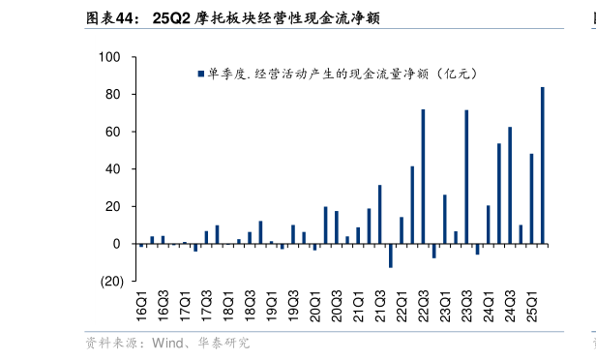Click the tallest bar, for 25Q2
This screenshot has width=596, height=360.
(542, 165)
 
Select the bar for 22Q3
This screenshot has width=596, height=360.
(423, 176)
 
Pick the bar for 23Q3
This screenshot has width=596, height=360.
(466, 176)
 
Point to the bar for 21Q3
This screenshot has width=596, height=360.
(379, 214)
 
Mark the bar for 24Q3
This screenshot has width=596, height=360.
(510, 185)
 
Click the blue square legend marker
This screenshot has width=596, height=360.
(200, 74)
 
